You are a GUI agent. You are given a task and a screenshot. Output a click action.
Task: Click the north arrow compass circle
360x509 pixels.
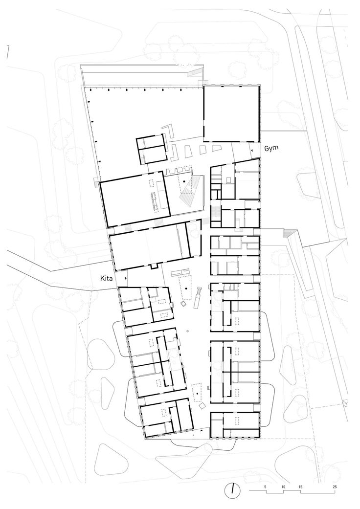tap(233, 488)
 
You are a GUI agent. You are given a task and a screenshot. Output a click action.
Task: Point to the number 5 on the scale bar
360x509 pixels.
tap(265, 487)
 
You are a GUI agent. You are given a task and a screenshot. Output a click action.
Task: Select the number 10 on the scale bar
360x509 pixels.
tap(283, 487)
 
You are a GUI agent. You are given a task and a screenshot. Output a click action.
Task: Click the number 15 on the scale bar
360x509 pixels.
tap(300, 487)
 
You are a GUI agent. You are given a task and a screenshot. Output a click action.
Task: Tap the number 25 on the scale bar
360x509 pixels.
tap(334, 487)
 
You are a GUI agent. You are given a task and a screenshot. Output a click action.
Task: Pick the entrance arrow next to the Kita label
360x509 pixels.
tap(126, 277)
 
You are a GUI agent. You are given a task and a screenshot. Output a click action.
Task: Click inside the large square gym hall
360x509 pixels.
tap(231, 112)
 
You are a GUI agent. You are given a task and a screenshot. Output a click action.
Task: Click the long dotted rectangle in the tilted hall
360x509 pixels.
tap(157, 201)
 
